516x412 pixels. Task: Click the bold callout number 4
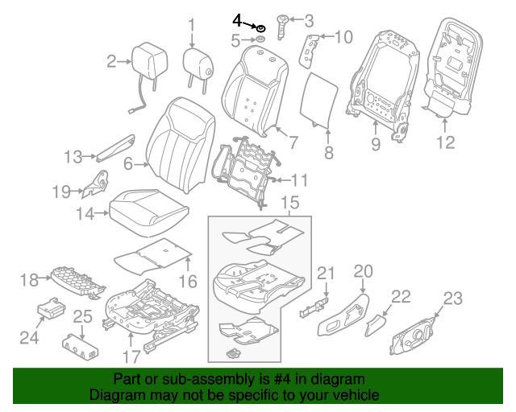click(237, 19)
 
